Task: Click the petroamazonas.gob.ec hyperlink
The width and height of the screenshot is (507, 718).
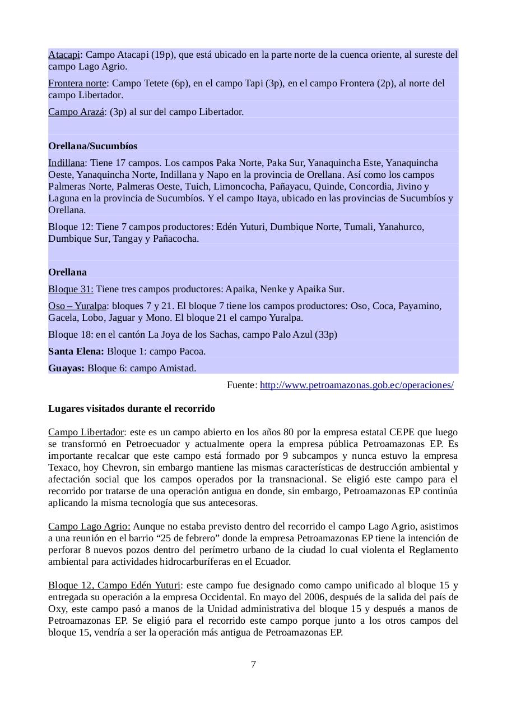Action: tap(356, 385)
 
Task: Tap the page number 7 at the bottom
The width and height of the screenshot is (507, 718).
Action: tap(254, 665)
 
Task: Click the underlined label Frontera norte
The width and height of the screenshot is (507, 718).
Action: tap(77, 84)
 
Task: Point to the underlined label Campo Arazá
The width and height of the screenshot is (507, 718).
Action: tap(76, 112)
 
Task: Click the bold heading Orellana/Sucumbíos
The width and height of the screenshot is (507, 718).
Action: tap(92, 146)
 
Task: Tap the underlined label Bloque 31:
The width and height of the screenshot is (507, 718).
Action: tap(71, 289)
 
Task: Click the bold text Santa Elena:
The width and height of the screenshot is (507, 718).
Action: tap(76, 351)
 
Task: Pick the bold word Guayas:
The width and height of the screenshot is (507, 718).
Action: tap(66, 368)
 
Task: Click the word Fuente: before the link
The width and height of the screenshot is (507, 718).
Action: tap(242, 385)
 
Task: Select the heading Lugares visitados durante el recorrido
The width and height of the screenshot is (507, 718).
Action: tap(132, 408)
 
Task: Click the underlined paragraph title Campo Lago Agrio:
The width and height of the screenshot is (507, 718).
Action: tap(89, 526)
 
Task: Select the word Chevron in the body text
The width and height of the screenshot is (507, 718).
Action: tap(109, 467)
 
